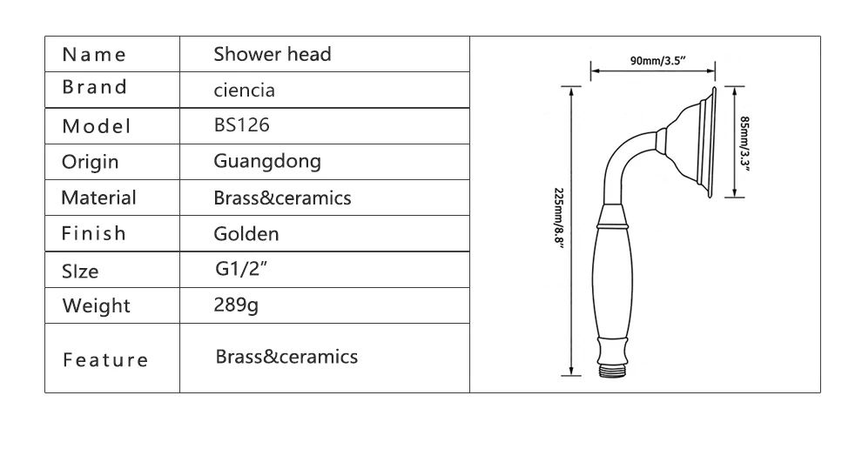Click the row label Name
[94, 55]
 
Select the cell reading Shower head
[273, 54]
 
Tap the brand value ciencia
[246, 90]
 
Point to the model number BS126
[242, 125]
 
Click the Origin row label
[90, 162]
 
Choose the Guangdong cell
[267, 161]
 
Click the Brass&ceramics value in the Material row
[282, 198]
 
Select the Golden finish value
[246, 233]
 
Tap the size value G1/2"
[239, 269]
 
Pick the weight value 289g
[237, 305]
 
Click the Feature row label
[105, 359]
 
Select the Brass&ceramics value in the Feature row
[286, 357]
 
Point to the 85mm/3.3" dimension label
[744, 143]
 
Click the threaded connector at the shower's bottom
[613, 371]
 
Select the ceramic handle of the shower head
[613, 283]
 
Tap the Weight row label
[96, 305]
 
